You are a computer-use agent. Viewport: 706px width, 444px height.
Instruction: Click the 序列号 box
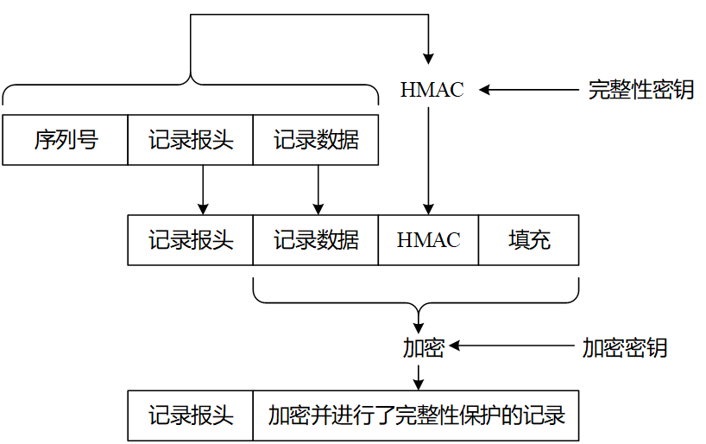click(66, 140)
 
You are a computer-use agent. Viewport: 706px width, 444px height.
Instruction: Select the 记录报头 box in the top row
click(191, 140)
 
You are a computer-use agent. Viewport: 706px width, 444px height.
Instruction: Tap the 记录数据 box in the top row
click(316, 140)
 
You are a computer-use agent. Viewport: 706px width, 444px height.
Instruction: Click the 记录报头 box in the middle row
click(191, 240)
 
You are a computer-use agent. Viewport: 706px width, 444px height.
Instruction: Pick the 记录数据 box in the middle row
click(316, 240)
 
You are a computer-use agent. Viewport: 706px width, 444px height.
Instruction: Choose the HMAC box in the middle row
click(428, 240)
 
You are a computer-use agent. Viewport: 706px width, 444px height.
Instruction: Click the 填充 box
click(528, 240)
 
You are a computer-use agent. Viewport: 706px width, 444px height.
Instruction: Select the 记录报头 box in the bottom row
click(191, 415)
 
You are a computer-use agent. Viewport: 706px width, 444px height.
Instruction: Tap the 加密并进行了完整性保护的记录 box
click(416, 415)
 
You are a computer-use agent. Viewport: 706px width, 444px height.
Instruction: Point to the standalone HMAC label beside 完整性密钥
click(432, 90)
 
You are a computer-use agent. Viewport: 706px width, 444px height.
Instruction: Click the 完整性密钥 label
click(640, 89)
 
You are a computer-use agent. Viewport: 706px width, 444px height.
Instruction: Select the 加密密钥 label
click(625, 347)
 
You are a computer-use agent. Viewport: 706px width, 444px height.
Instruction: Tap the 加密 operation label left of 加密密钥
click(423, 347)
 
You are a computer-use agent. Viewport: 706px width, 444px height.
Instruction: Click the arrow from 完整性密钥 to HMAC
click(528, 90)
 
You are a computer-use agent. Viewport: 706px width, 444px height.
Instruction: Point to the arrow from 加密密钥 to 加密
click(512, 346)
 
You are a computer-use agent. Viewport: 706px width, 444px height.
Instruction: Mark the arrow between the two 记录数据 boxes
click(318, 190)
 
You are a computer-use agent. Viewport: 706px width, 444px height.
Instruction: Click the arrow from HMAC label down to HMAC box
click(428, 161)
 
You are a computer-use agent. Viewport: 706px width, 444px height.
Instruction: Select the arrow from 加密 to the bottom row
click(419, 377)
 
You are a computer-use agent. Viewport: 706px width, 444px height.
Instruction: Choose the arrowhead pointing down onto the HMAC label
click(428, 59)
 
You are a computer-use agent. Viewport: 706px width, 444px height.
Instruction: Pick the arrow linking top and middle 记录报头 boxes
click(203, 190)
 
